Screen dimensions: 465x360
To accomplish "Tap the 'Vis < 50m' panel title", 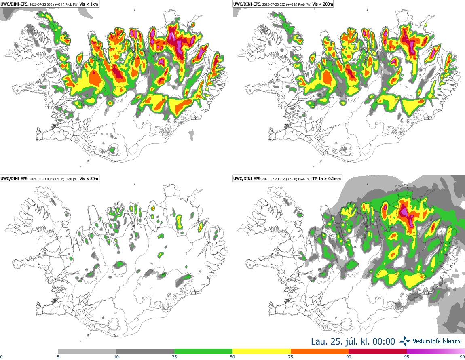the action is (89, 179).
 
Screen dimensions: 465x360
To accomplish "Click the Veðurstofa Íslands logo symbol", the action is (405, 341).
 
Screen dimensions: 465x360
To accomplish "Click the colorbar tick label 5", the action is (58, 357).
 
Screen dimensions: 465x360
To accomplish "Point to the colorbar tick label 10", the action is (116, 357).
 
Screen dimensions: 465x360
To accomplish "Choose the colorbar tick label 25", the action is (174, 357).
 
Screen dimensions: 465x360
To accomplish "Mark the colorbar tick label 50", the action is (232, 357).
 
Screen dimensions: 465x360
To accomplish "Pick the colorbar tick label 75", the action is (291, 357).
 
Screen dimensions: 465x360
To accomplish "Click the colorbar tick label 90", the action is (349, 357).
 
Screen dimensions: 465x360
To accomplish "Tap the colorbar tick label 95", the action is (407, 357).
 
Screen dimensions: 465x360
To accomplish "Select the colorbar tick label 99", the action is (462, 357).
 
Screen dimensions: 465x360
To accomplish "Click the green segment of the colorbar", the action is (203, 352).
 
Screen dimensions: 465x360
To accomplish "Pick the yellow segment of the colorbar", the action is (262, 352).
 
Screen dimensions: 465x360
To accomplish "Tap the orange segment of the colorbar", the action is (320, 352).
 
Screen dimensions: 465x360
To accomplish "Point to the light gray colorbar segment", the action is (87, 352).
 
